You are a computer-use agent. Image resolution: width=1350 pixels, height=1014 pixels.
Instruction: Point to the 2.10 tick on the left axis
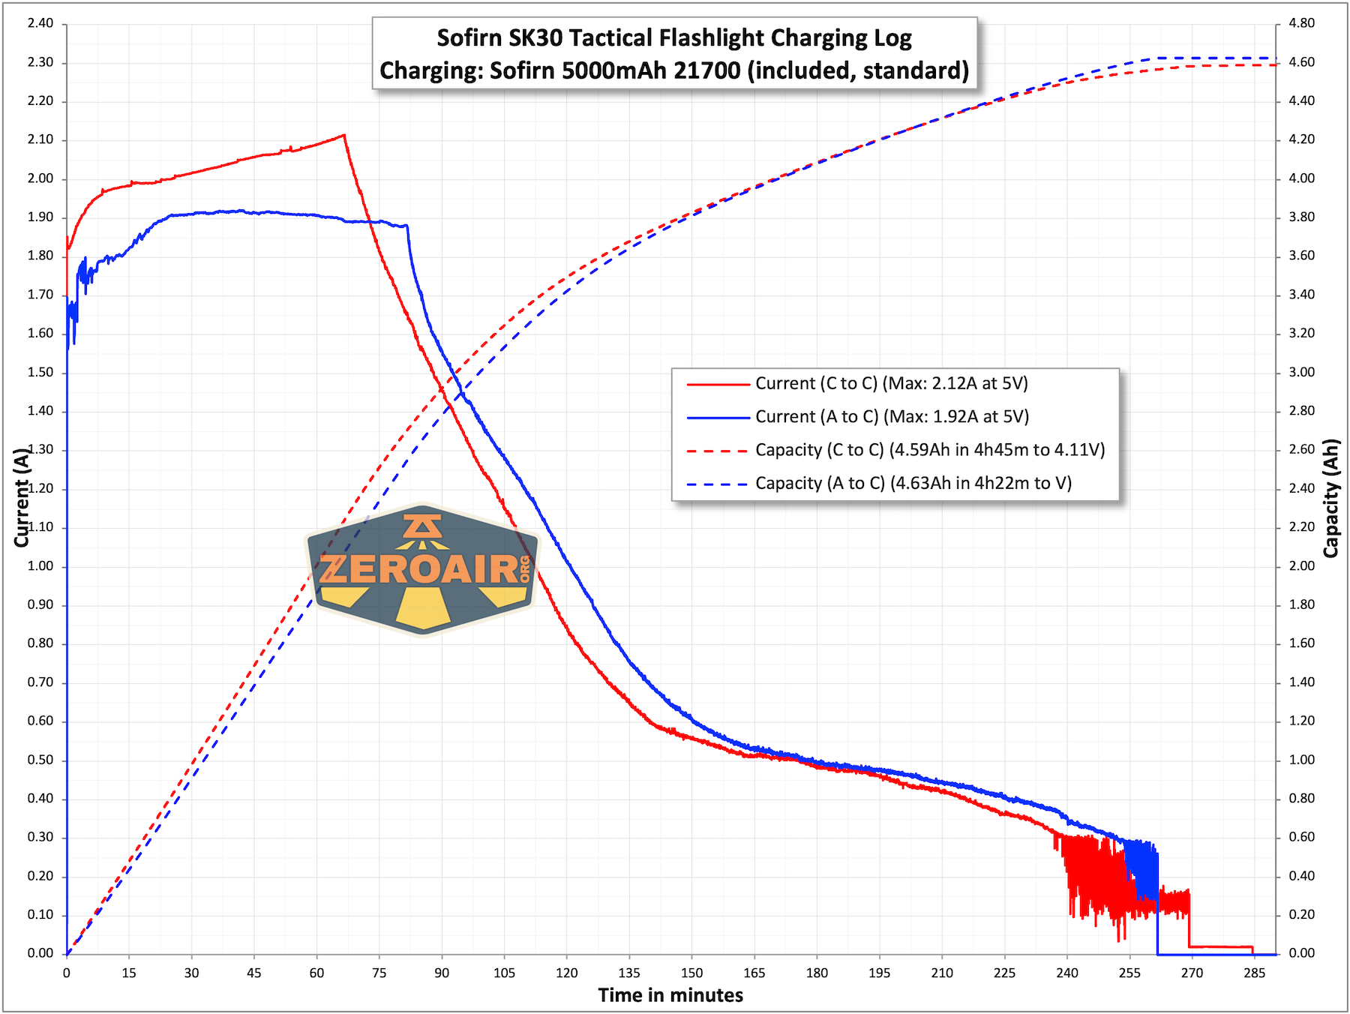click(x=40, y=139)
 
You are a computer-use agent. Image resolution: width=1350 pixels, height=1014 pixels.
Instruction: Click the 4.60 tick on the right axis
click(x=1301, y=62)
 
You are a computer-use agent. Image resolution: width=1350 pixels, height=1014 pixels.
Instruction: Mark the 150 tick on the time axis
click(x=691, y=973)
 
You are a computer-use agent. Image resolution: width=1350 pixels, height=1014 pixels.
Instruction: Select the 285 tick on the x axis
click(x=1254, y=973)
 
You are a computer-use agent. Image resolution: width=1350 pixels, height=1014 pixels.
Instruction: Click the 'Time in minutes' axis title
click(x=670, y=995)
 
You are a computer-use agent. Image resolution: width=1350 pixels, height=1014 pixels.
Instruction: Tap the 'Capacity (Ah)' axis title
click(x=1331, y=498)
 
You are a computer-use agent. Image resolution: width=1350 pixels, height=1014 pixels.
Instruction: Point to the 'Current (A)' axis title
click(x=21, y=498)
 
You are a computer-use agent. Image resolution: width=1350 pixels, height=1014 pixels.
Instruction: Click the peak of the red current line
click(x=344, y=135)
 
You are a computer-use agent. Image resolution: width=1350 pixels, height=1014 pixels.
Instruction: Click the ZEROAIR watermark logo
click(x=423, y=569)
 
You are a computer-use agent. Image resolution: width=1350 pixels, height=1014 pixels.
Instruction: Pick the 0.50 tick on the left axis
click(x=40, y=760)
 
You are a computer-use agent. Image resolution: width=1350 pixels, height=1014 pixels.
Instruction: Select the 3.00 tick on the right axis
click(x=1301, y=372)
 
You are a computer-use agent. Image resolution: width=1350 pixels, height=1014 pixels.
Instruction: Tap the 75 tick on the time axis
click(x=379, y=973)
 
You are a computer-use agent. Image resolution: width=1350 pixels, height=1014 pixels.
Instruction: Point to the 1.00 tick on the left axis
click(x=40, y=566)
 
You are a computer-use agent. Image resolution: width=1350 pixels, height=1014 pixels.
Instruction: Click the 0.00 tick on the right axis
click(x=1301, y=953)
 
